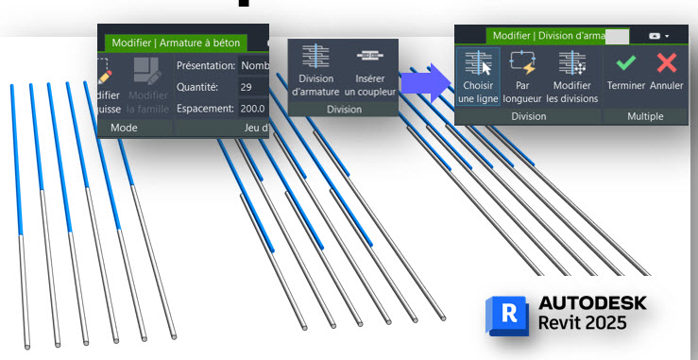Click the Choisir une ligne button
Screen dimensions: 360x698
pos(478,75)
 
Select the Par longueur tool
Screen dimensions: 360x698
pos(521,75)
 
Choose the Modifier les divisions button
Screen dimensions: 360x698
pos(572,75)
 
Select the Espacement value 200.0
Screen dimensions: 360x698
pos(252,108)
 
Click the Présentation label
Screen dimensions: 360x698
pos(205,65)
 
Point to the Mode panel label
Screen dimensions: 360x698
pos(125,127)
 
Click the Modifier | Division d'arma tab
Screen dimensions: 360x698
pos(546,35)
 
